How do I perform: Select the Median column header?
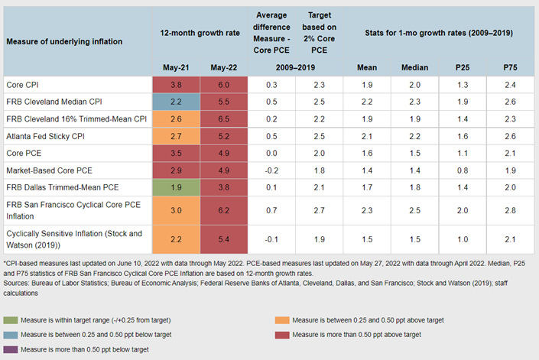(x=415, y=67)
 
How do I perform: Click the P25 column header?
(x=462, y=67)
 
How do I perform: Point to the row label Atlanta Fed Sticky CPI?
(x=45, y=135)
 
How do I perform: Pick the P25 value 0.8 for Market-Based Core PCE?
(x=462, y=169)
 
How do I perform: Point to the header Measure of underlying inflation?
(x=57, y=40)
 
